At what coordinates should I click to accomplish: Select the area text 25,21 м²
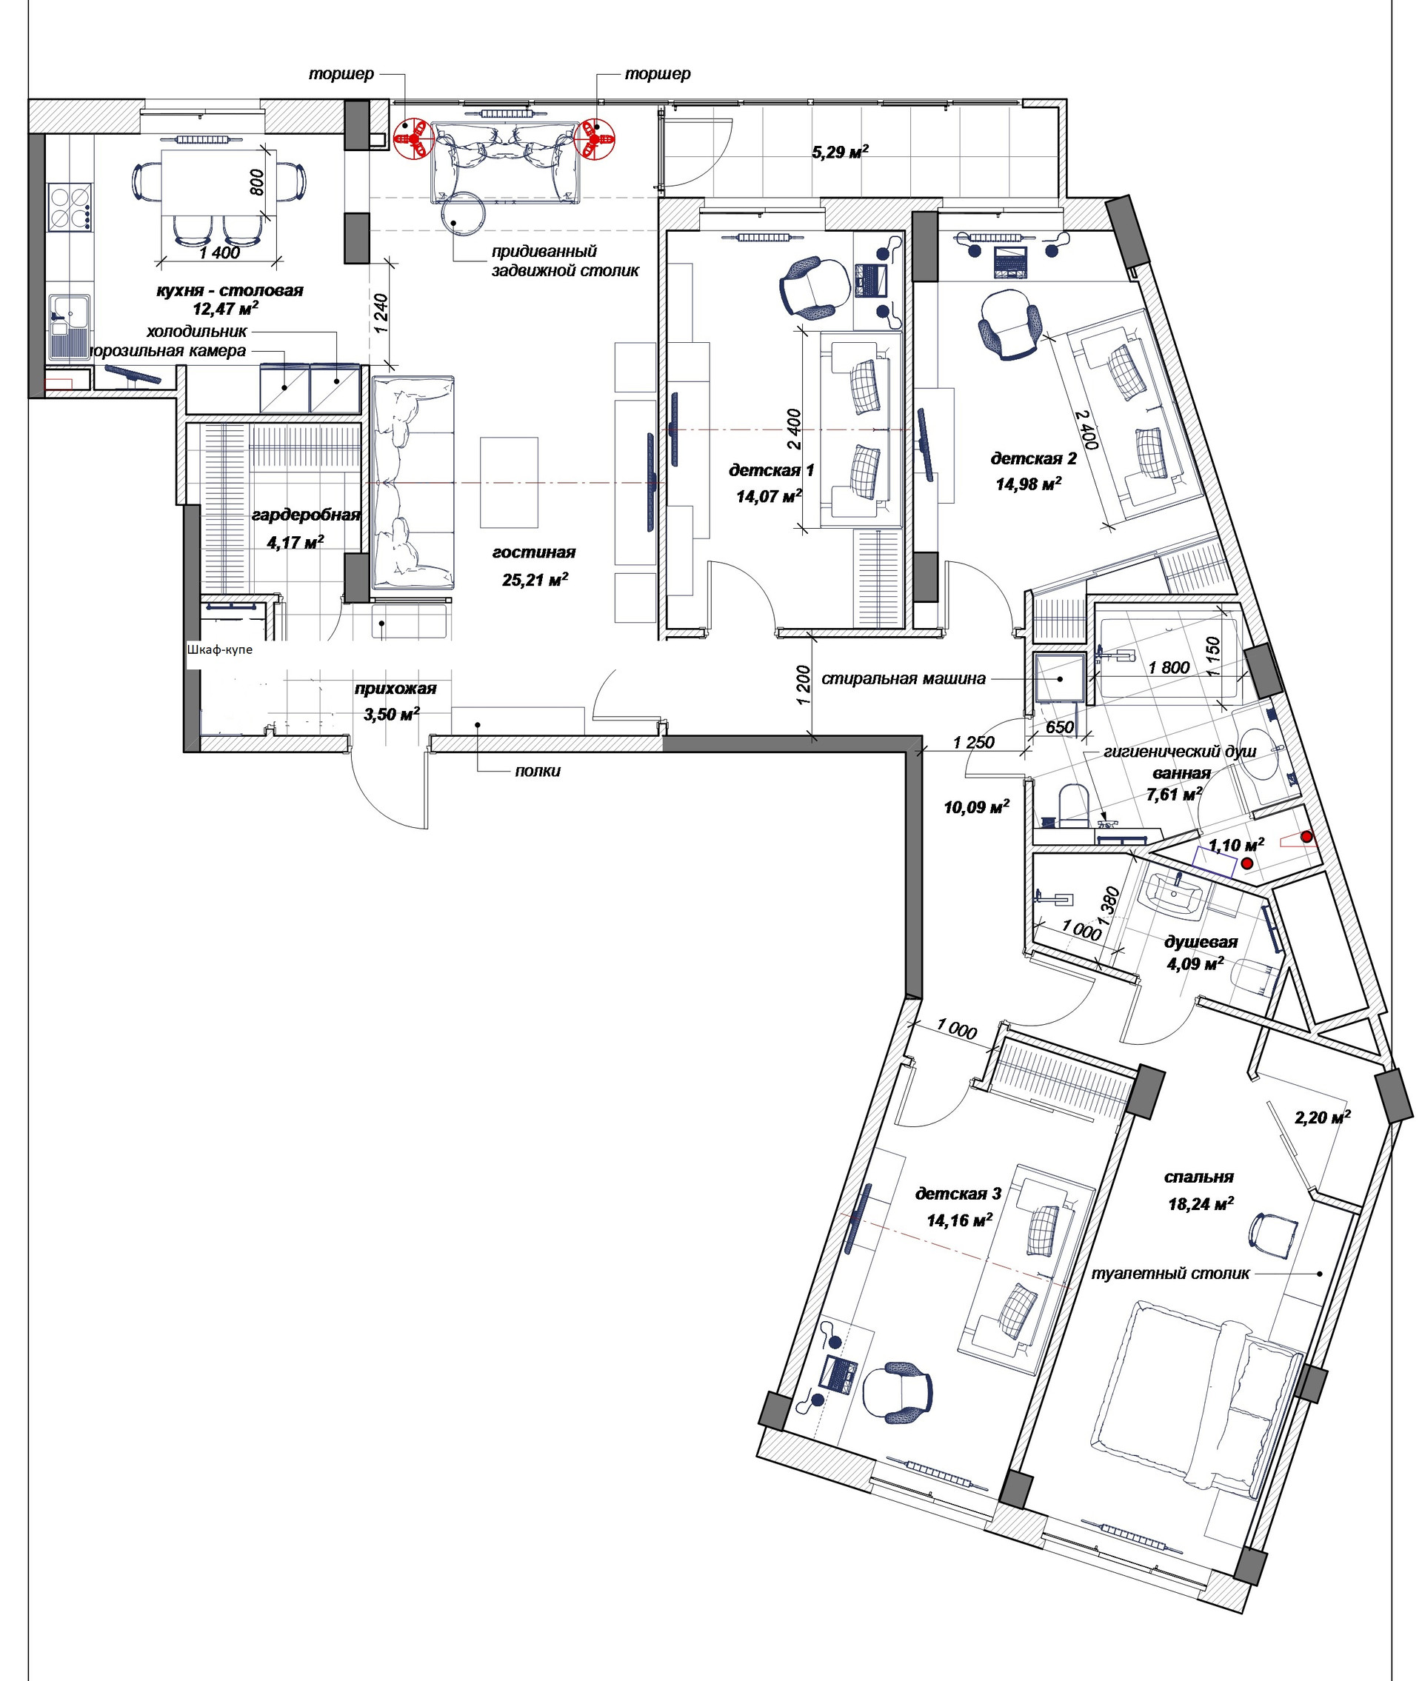pos(535,579)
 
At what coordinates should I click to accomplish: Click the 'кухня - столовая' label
pos(230,290)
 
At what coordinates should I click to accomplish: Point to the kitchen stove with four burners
pos(70,207)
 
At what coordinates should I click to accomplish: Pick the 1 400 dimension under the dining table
pos(219,253)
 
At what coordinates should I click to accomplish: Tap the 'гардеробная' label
pos(306,514)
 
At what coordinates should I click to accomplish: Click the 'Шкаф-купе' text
pos(219,649)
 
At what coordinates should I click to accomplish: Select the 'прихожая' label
pos(395,689)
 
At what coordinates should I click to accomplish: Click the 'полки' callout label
pos(538,771)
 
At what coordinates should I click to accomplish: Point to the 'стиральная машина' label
pos(903,678)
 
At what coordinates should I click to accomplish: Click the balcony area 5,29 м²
pos(840,152)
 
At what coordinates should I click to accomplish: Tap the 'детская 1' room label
pos(772,469)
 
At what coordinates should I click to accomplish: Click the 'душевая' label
pos(1201,942)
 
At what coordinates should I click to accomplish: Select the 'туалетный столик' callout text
pos(1169,1274)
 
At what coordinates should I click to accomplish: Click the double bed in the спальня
pos(1193,1401)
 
